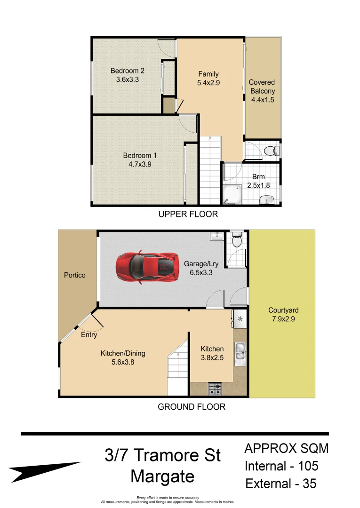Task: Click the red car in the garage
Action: point(147,267)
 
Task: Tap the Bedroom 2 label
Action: point(127,71)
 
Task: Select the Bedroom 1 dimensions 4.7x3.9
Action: point(140,165)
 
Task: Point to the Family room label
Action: point(208,74)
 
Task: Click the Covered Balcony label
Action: point(262,87)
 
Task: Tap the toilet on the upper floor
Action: point(271,151)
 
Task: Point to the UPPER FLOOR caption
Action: point(188,214)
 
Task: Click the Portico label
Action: point(75,275)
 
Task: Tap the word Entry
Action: point(89,335)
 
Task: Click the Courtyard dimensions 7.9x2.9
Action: point(283,319)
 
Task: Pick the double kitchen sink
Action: point(240,352)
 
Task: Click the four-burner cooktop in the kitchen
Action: point(215,389)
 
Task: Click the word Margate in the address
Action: point(162,476)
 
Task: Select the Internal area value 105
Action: point(308,466)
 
